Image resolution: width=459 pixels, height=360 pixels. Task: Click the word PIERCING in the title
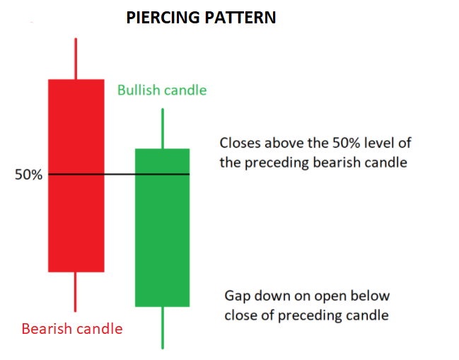coord(163,18)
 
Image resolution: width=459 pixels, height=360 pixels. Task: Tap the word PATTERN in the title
coord(240,18)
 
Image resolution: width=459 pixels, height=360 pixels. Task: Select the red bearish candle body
coord(76,175)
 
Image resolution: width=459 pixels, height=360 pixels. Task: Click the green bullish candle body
coord(162,228)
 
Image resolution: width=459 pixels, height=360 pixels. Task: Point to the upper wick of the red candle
coord(76,59)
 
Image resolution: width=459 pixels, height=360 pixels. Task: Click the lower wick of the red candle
coord(75,292)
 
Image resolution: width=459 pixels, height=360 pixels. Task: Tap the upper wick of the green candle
coord(163,129)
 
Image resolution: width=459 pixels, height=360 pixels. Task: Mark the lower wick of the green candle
coord(163,327)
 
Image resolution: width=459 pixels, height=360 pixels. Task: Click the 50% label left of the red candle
coord(29,175)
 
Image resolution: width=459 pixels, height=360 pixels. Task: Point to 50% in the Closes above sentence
coord(346,143)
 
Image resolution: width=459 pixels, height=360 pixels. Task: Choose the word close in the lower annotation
coord(240,315)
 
